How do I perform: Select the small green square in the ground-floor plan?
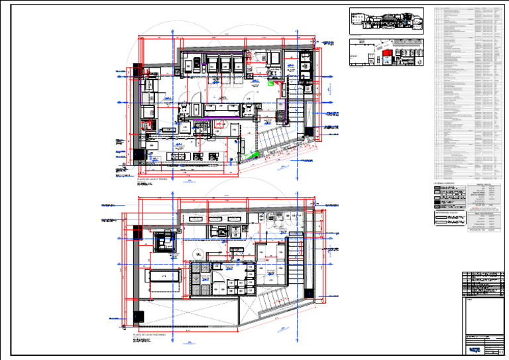coord(270,84)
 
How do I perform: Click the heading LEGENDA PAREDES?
coord(445,182)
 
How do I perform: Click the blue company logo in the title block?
coord(474,349)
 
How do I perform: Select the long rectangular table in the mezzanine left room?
coord(162,276)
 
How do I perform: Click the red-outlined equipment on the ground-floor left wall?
coord(147,125)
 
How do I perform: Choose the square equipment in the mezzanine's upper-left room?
coord(162,242)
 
